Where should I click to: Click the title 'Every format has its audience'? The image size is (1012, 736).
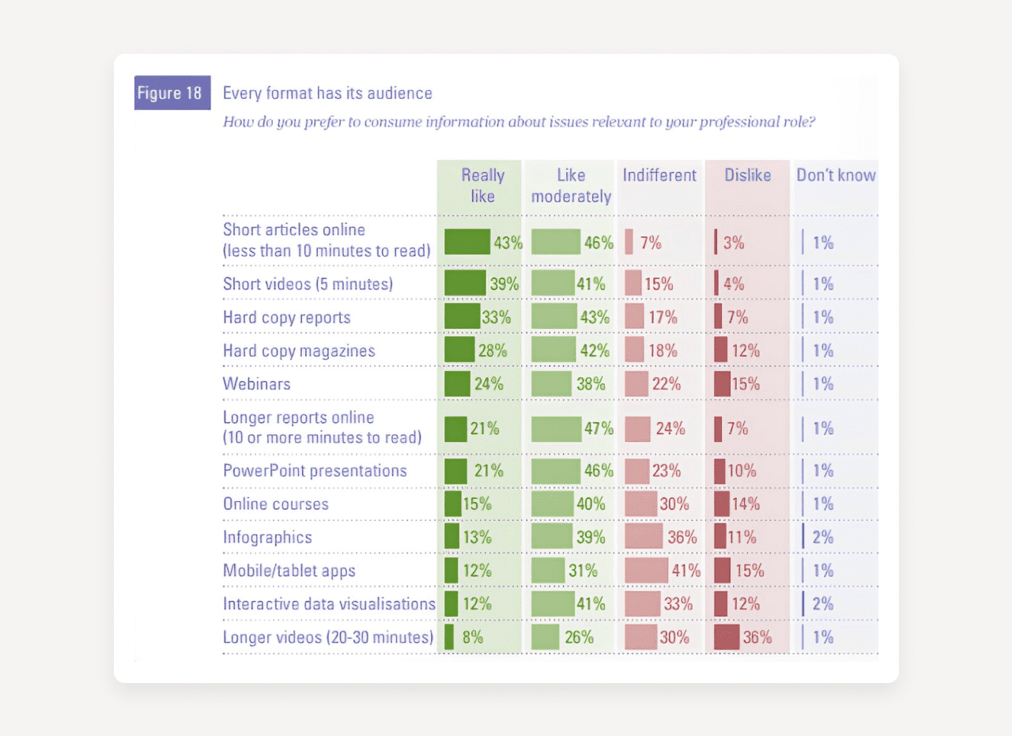327,93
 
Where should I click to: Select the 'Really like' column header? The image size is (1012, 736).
482,185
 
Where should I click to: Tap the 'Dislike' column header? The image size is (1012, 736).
747,176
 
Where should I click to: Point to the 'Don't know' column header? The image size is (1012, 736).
836,176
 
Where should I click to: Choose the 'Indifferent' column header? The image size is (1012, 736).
659,176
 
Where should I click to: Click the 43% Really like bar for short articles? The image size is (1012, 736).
466,242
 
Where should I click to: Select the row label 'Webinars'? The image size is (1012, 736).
257,384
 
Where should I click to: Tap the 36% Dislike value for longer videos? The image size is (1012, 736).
757,636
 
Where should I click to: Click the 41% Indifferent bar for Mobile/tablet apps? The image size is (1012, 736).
646,570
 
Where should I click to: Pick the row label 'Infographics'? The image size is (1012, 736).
267,538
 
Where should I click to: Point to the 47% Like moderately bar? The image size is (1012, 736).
556,428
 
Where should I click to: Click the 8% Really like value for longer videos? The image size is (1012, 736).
473,636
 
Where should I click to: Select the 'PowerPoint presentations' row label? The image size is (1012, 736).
315,471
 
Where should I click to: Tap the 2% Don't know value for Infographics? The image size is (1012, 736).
823,538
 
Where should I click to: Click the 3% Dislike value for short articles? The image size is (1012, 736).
734,243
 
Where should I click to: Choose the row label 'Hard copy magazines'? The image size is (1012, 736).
299,351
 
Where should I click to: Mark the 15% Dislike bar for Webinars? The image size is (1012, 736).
722,384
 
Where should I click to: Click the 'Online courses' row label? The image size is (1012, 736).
276,504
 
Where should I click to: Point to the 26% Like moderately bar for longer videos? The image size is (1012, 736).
546,636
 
